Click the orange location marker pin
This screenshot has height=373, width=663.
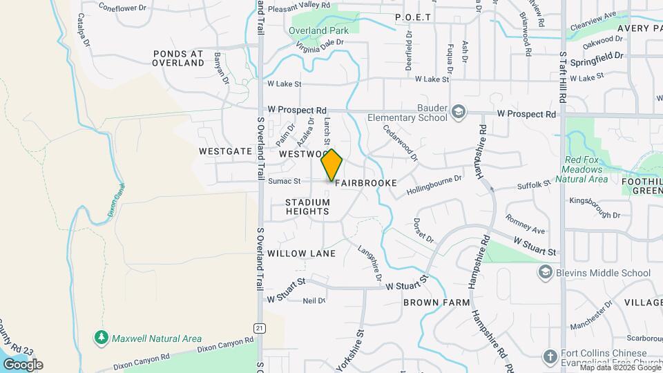click(331, 164)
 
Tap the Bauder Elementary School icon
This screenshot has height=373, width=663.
click(458, 112)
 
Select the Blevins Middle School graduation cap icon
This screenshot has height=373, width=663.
click(546, 273)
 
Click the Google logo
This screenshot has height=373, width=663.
click(22, 364)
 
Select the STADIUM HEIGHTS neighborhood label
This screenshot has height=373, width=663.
click(308, 207)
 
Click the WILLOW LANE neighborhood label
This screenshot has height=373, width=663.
click(302, 254)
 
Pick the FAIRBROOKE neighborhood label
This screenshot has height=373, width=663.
click(366, 183)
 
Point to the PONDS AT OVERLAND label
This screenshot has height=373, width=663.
click(179, 57)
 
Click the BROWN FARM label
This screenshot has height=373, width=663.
click(436, 303)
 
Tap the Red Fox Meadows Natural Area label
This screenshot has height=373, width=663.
click(586, 169)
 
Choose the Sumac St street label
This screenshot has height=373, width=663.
click(285, 182)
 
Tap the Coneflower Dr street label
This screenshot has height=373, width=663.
click(123, 8)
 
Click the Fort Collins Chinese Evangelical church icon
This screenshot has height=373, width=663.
click(550, 357)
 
